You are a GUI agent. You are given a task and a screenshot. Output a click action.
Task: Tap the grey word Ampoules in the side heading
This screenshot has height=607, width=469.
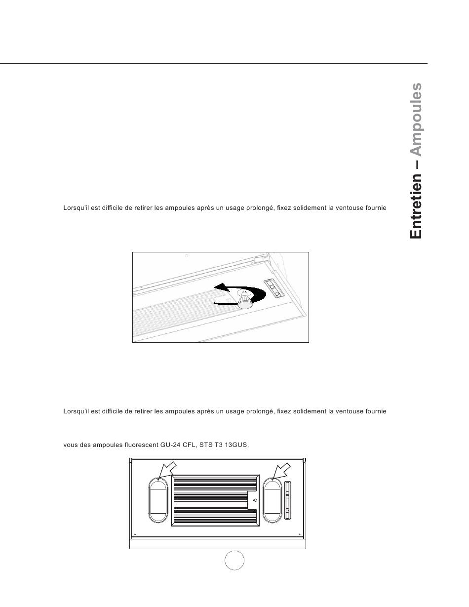416,119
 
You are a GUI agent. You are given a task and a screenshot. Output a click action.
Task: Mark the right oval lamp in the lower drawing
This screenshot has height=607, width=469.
272,500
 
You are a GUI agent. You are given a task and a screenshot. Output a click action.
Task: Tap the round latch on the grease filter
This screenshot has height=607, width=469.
255,500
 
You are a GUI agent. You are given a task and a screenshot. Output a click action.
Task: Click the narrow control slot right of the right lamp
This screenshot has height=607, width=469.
288,500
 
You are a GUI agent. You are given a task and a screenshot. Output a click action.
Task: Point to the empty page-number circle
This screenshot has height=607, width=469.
234,560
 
